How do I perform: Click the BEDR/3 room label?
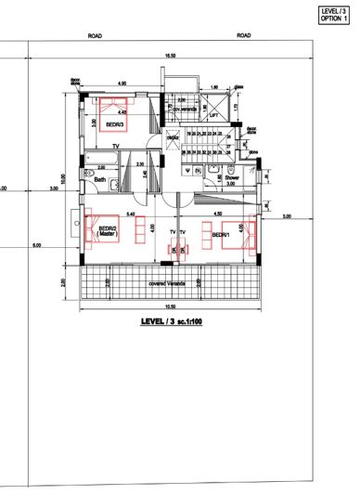[115, 123]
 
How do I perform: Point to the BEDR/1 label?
[221, 235]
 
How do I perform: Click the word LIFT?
[214, 116]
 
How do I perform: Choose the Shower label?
[232, 175]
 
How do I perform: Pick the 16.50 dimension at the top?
[170, 57]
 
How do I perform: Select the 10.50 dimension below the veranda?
[170, 306]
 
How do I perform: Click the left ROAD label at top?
[95, 35]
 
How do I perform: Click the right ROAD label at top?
[244, 35]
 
